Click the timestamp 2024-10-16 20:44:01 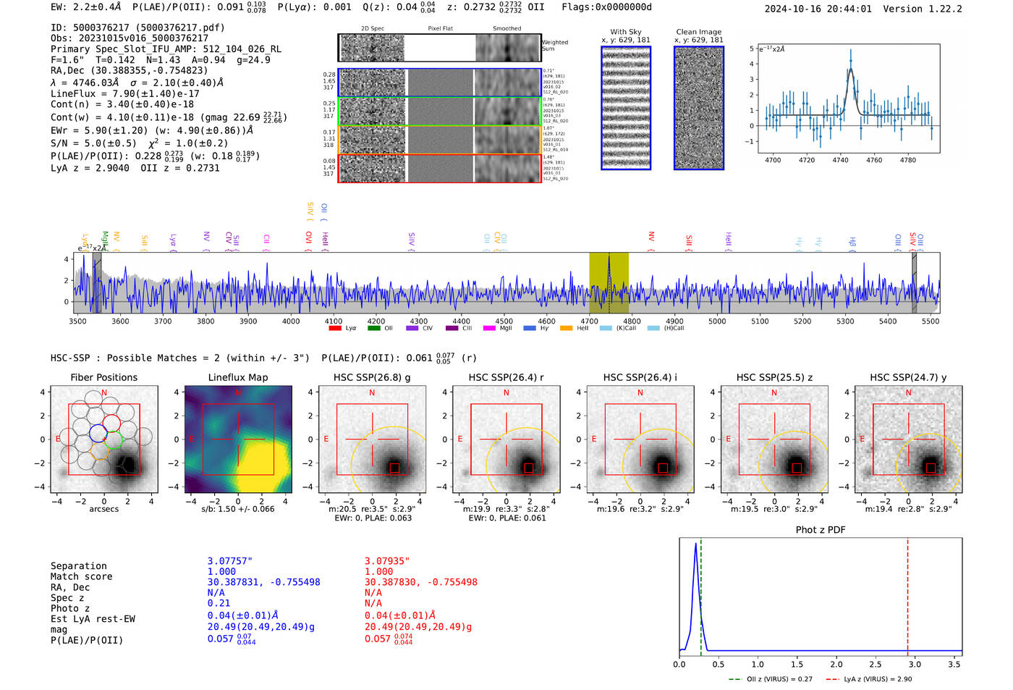[x=818, y=9]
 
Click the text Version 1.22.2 [x=933, y=9]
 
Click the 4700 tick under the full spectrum [x=589, y=321]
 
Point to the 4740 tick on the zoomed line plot [x=840, y=160]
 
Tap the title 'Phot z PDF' [x=821, y=529]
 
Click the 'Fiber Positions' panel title [x=103, y=377]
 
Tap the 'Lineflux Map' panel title [x=237, y=377]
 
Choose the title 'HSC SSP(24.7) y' [x=908, y=377]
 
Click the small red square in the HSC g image [x=394, y=468]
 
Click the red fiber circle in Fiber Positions [x=111, y=423]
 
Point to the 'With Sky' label [x=625, y=32]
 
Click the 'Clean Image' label [x=698, y=32]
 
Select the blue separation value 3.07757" [x=229, y=561]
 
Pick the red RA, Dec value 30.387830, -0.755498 [x=420, y=582]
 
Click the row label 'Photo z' [x=70, y=608]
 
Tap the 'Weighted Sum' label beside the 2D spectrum [x=555, y=46]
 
